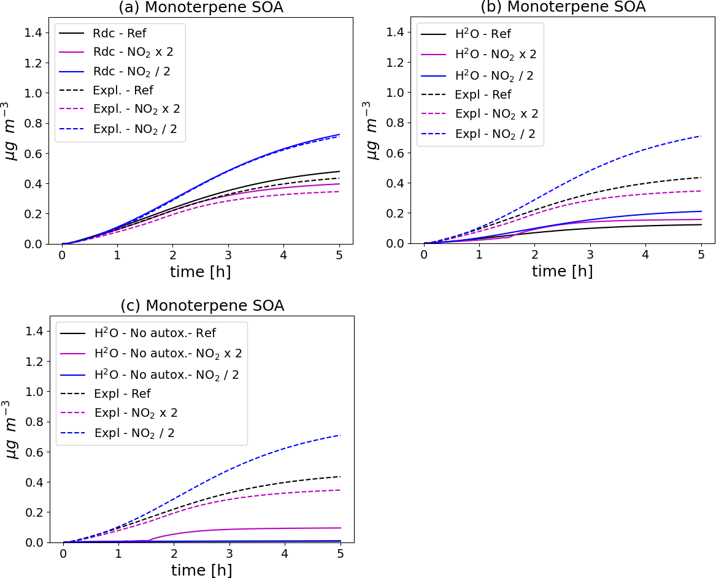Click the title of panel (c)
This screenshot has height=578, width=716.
(x=202, y=306)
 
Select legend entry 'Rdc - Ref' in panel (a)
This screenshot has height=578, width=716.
(x=119, y=33)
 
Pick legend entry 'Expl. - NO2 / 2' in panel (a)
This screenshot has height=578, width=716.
(x=131, y=129)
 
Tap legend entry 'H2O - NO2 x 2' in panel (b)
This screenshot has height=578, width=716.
(x=495, y=54)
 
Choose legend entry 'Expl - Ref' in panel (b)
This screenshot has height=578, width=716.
(x=482, y=94)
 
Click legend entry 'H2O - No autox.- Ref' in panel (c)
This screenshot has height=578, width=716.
(x=155, y=333)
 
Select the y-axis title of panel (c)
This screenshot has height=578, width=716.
(x=12, y=429)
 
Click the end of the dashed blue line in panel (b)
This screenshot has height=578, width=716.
(x=701, y=136)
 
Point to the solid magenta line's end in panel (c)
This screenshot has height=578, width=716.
(x=341, y=528)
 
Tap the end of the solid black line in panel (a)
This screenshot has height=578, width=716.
(x=339, y=172)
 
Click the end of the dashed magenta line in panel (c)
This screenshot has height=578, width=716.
(x=341, y=490)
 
